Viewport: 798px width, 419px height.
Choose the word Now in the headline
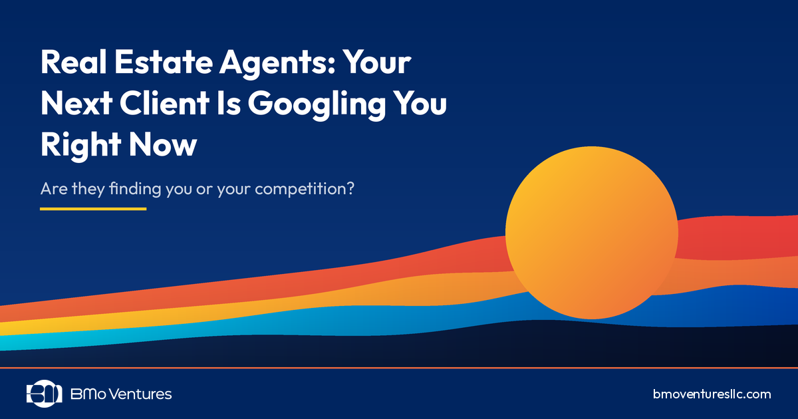(166, 146)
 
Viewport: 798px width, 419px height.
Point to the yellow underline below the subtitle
(93, 209)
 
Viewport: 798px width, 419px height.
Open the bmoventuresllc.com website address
(712, 394)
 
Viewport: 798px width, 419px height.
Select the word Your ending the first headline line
(376, 63)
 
